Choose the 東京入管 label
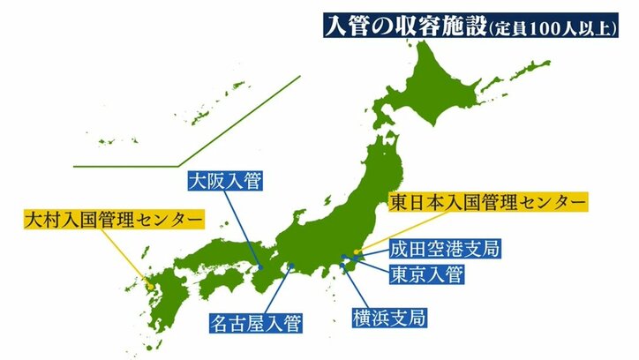pyautogui.click(x=426, y=274)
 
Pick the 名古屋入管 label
pyautogui.click(x=254, y=323)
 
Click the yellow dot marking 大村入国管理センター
pyautogui.click(x=151, y=286)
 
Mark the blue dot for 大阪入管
pyautogui.click(x=261, y=266)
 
